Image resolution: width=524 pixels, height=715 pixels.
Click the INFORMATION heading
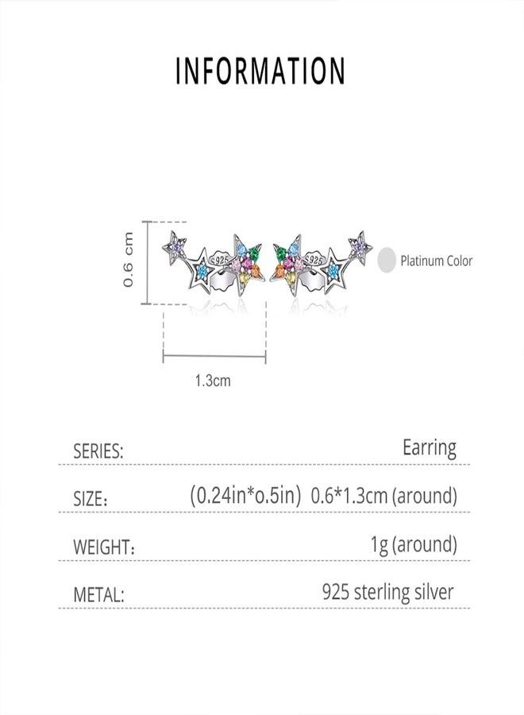[x=260, y=70]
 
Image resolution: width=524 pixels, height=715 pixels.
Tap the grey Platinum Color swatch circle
[x=387, y=260]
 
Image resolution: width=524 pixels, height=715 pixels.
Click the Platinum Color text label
[x=436, y=261]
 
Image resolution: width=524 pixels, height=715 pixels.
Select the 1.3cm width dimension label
[x=212, y=381]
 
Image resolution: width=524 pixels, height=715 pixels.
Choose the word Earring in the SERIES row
[x=429, y=448]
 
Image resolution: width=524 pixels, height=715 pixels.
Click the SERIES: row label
[x=98, y=452]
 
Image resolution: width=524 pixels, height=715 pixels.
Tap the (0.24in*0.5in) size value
[x=246, y=496]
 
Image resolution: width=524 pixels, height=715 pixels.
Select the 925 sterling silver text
[x=388, y=591]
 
